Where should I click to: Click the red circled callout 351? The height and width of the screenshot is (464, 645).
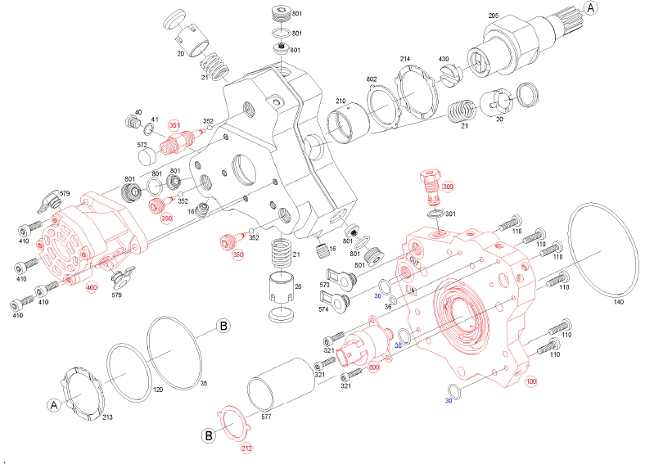tap(174, 125)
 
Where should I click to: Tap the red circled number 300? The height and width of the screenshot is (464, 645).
tap(448, 187)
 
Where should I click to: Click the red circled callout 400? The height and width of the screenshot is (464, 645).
tap(92, 288)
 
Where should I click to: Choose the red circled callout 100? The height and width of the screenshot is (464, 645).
tap(531, 381)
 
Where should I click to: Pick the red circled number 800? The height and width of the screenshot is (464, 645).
tap(374, 368)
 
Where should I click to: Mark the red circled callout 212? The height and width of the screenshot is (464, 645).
tap(246, 448)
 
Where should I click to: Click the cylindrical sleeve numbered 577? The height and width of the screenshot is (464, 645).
tap(279, 390)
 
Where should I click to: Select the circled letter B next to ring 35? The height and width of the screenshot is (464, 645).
tap(223, 327)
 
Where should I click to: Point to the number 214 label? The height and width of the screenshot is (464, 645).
tap(404, 60)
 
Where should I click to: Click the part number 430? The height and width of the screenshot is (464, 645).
tap(444, 60)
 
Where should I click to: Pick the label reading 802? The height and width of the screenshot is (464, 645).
tap(371, 79)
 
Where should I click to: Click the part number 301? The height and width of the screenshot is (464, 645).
tap(451, 213)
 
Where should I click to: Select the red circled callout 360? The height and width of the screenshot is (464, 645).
tap(167, 218)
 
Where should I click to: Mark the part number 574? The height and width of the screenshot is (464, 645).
tap(324, 310)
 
